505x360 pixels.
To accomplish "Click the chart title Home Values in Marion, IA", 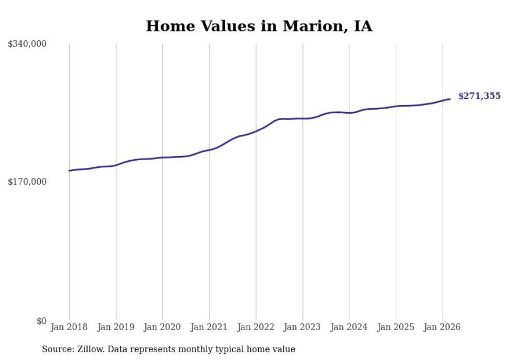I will coord(259,26).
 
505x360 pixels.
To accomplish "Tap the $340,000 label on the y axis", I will coord(27,44).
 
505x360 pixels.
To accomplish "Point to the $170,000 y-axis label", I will coord(27,182).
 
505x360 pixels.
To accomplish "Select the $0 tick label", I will coord(41,321).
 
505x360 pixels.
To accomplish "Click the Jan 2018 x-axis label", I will coord(69,327).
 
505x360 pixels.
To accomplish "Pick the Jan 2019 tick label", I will coord(116,327).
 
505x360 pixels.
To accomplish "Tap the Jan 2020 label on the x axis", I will coord(162,327).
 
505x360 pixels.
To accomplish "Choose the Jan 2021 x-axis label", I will coord(209,327).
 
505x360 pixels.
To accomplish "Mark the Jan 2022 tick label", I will coord(256,327).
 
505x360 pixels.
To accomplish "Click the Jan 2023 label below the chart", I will coord(302,327).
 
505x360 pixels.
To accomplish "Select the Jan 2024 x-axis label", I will coord(349,327).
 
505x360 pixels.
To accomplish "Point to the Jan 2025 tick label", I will coord(396,327).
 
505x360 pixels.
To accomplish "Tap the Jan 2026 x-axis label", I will coord(442,327).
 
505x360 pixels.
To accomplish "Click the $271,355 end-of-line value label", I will coord(479,96).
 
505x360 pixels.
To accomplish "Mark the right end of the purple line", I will coord(450,99).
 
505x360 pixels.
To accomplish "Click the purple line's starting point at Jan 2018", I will coord(69,170).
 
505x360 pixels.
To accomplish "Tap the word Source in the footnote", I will coord(57,349).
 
